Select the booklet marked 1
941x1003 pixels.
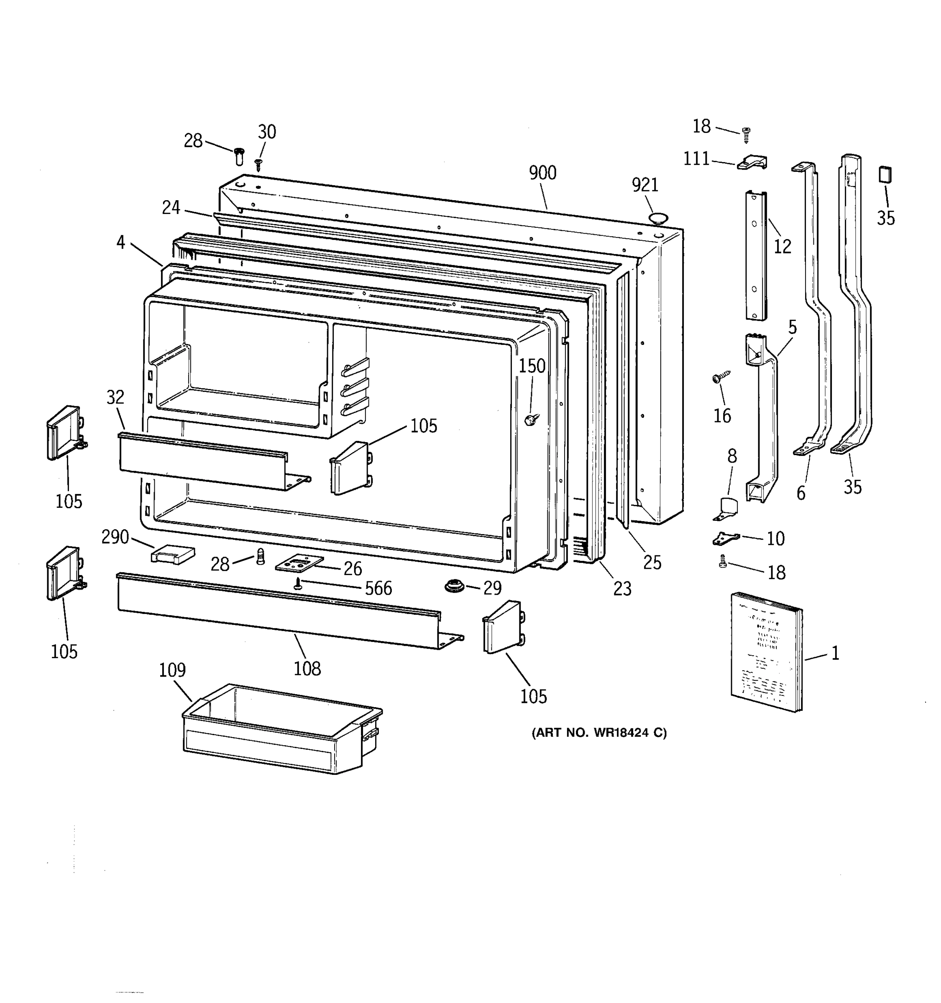[765, 652]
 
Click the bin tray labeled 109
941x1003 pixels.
[281, 730]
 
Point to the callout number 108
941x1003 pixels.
[307, 669]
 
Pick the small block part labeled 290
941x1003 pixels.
[173, 555]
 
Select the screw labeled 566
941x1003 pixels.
[298, 584]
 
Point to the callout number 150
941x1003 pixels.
[532, 366]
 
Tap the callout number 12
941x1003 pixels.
[782, 246]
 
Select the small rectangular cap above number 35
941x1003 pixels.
[885, 175]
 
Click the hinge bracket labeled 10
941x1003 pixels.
[726, 538]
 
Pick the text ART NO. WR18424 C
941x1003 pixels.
[599, 733]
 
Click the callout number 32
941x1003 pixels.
[115, 397]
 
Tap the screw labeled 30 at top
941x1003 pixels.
[258, 163]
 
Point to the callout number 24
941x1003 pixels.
[171, 207]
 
